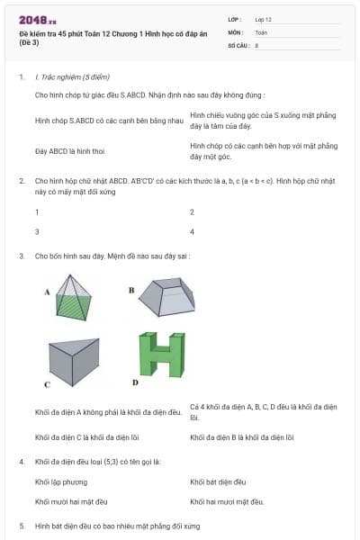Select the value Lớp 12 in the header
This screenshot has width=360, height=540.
[x=263, y=19]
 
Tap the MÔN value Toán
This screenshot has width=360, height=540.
[x=261, y=31]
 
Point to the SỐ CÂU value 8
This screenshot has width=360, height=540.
[x=256, y=44]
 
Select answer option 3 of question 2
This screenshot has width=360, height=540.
[x=37, y=231]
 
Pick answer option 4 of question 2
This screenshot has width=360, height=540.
[x=193, y=231]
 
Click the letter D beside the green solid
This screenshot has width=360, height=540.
[x=135, y=382]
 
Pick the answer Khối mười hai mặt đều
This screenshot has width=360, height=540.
[x=71, y=501]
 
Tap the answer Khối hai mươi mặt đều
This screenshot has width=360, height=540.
[x=227, y=501]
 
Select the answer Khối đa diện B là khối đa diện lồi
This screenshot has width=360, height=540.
[x=243, y=437]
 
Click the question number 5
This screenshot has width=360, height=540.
[x=22, y=525]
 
